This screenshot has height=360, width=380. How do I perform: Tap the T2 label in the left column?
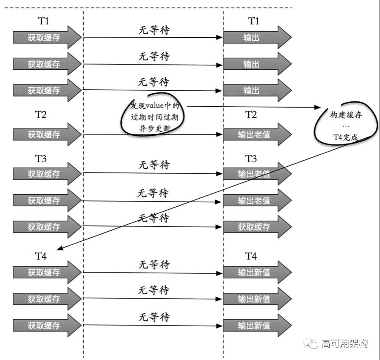point(41,115)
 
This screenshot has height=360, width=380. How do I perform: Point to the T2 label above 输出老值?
point(251,115)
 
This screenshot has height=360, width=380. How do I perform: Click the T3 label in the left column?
point(41,159)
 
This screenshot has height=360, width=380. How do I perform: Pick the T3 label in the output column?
point(251,159)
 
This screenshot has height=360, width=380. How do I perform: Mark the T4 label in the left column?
point(41,256)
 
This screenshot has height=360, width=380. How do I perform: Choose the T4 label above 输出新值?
point(251,256)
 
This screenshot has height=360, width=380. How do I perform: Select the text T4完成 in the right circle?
point(345,137)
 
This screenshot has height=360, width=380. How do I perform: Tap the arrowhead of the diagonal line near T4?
point(60,249)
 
